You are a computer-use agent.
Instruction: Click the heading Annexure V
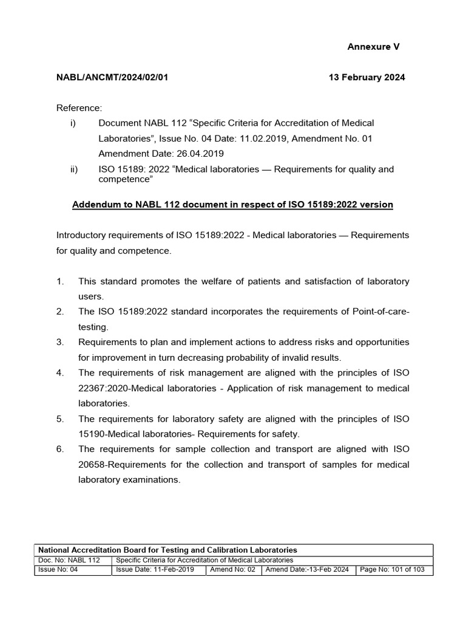[373, 47]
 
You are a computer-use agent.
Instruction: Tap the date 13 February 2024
[366, 77]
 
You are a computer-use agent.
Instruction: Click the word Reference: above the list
[79, 108]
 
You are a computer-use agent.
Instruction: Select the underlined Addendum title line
[232, 205]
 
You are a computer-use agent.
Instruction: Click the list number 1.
[60, 281]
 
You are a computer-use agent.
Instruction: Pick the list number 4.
[60, 372]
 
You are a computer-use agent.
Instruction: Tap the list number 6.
[60, 449]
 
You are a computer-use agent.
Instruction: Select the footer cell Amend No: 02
[234, 570]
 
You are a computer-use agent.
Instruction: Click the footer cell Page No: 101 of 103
[394, 570]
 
